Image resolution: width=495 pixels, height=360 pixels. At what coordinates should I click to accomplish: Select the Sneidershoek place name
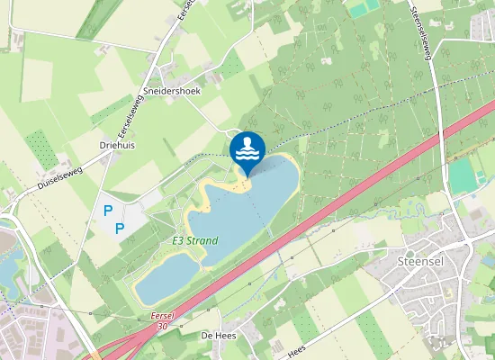coord(171,91)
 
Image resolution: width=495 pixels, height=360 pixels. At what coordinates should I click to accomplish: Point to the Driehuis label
coord(116,143)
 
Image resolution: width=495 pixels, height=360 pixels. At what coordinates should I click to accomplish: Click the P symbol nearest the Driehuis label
coord(107,210)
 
